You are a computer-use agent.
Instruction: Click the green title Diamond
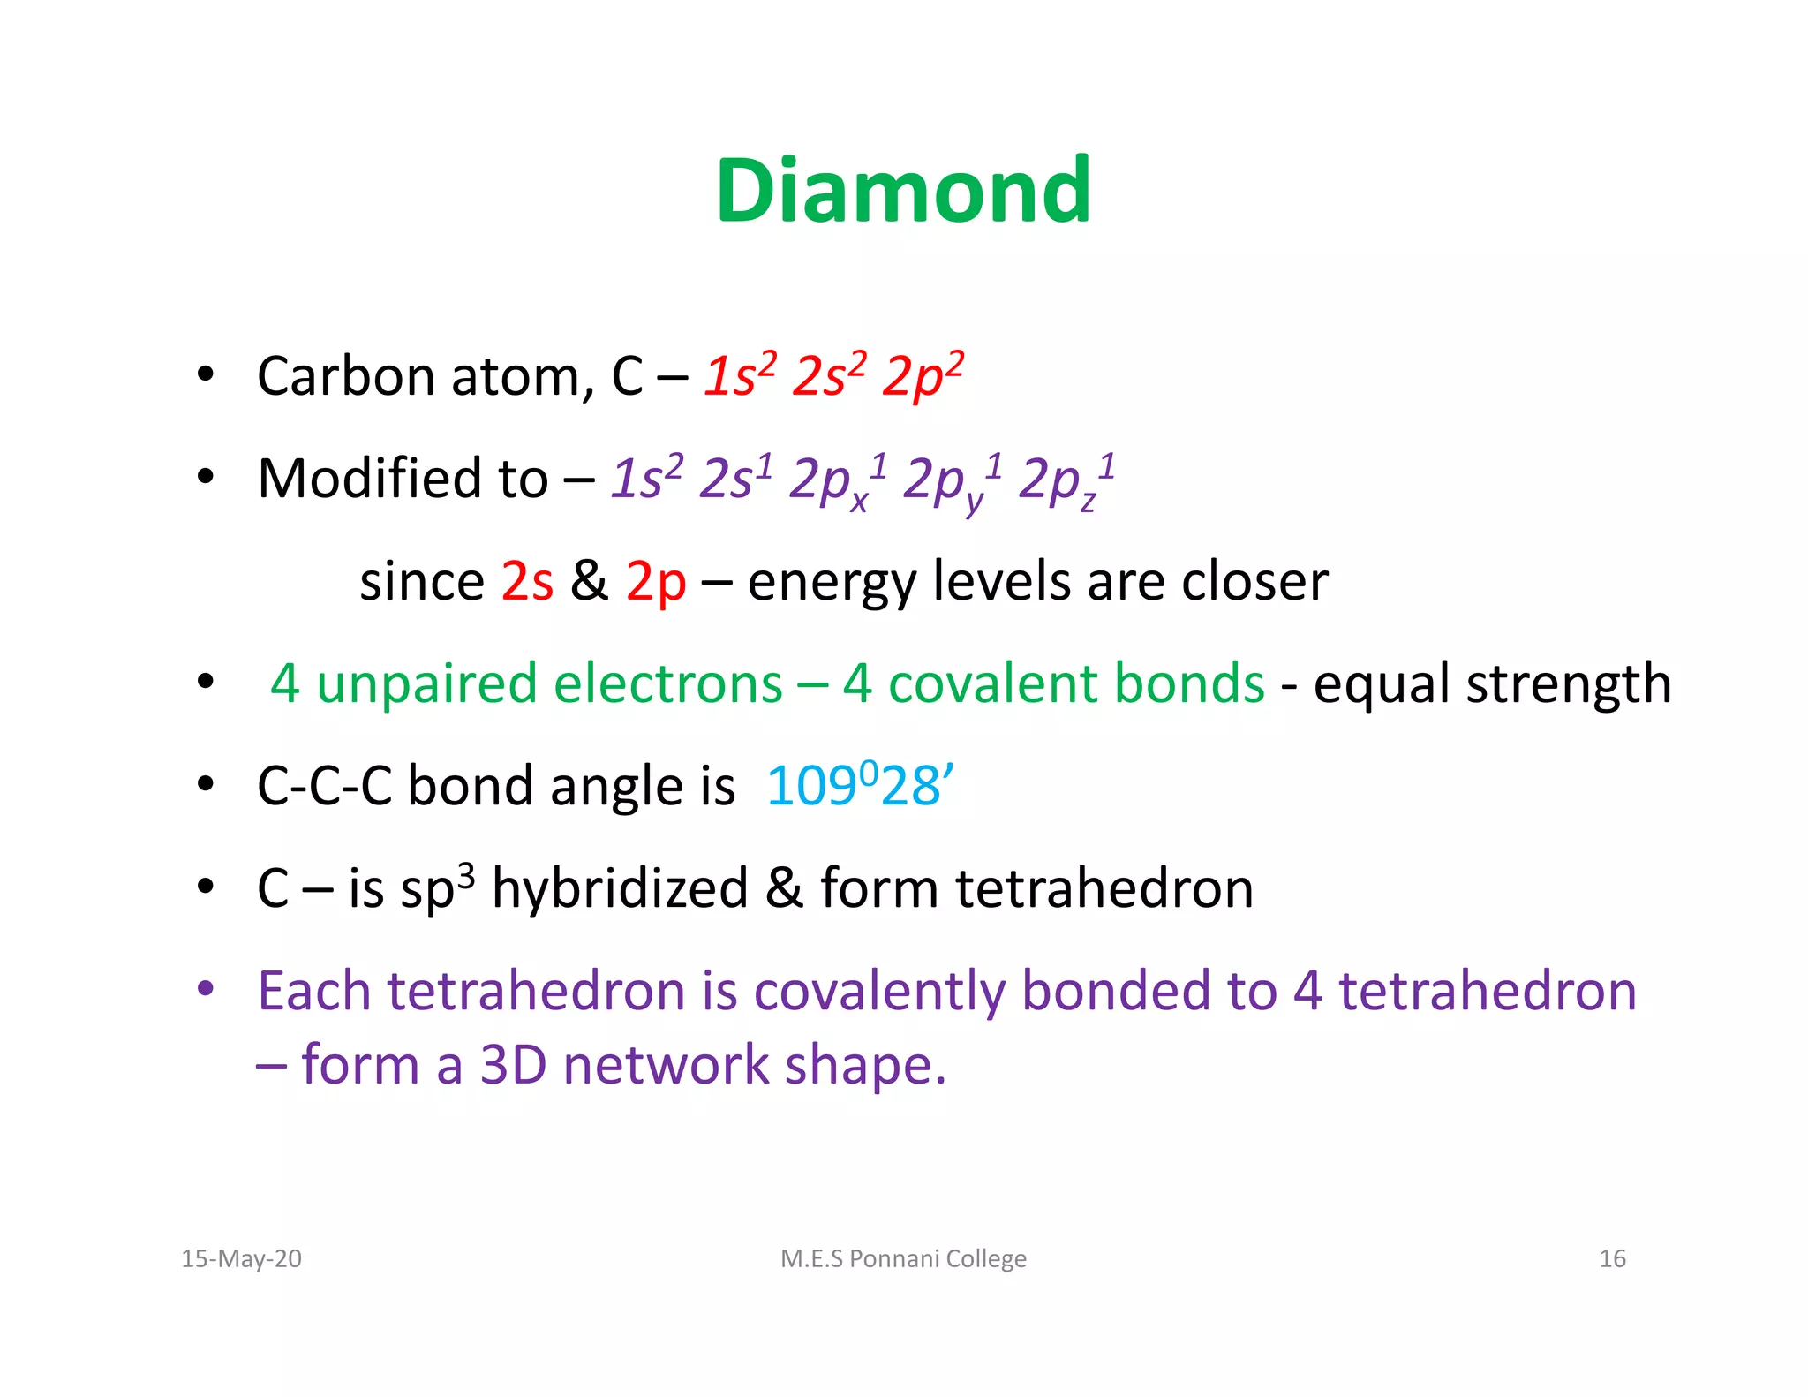point(903,191)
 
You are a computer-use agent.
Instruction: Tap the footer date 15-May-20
point(241,1258)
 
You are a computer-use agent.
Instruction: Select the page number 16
point(1612,1258)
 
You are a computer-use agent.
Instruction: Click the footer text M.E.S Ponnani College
point(903,1258)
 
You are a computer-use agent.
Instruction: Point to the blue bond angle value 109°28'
point(859,785)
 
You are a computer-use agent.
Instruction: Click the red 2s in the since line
point(527,582)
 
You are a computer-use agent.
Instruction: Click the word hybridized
point(620,888)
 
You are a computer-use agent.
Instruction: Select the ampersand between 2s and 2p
point(589,582)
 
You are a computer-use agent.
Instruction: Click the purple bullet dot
point(206,988)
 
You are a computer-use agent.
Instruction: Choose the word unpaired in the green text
point(426,684)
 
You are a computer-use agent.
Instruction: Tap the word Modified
point(369,480)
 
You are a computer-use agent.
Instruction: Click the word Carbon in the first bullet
point(345,377)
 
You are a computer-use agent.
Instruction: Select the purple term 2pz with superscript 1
point(1065,481)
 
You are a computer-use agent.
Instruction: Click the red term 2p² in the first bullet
point(923,377)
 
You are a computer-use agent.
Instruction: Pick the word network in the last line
point(667,1065)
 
